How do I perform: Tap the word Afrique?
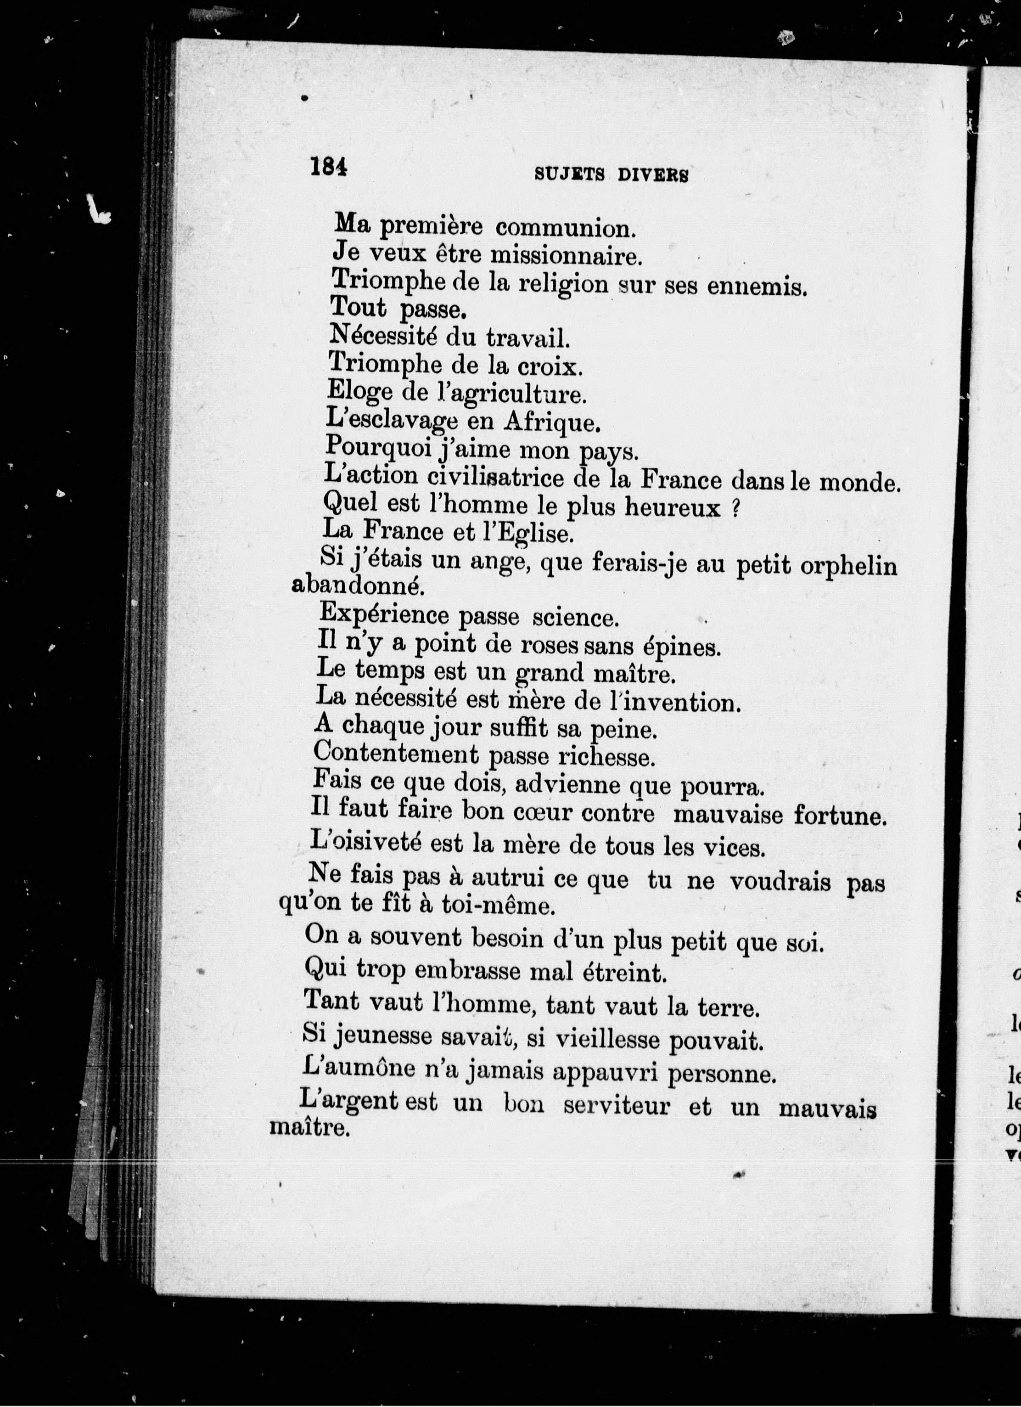pos(552,422)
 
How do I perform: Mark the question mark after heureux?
pos(734,508)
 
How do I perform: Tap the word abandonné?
pos(358,587)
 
